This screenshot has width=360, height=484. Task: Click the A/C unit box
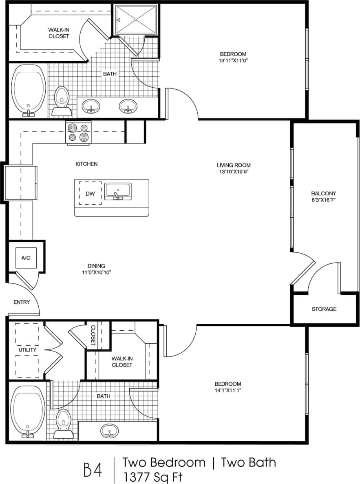tap(26, 258)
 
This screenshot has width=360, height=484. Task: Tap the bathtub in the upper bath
tap(28, 90)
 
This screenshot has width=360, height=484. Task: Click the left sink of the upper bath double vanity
tap(91, 107)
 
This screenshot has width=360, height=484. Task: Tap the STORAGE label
tap(324, 309)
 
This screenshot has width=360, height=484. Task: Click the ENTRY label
tap(22, 302)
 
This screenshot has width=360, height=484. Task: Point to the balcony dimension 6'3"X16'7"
tap(323, 200)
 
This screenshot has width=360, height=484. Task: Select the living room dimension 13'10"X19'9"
tap(234, 172)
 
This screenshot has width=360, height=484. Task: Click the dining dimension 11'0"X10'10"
tap(96, 272)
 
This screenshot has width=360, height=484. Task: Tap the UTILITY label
tap(27, 350)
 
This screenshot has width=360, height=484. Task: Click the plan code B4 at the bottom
tap(93, 469)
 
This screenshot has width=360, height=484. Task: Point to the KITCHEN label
tap(86, 164)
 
